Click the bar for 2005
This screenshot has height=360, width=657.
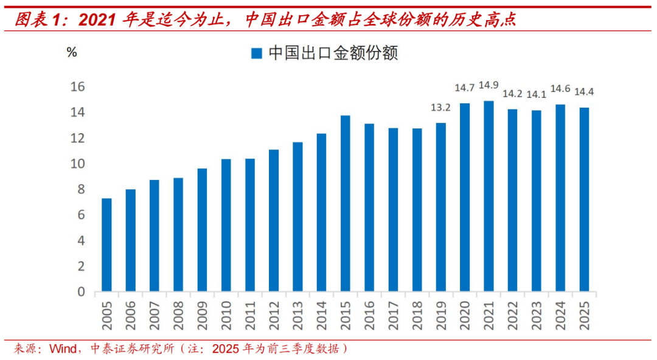106,245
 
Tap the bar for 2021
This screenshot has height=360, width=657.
488,196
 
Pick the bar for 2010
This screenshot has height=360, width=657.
226,225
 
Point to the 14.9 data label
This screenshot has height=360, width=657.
488,85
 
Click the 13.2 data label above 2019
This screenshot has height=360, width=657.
440,108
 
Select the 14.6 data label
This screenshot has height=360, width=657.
560,89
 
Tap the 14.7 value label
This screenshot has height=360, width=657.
464,88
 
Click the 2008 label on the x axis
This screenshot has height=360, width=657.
178,315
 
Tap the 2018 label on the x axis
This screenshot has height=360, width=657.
417,315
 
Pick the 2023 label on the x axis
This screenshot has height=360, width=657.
536,315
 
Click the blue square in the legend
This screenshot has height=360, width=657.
256,54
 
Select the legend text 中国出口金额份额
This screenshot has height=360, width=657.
333,54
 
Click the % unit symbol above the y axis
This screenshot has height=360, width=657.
72,52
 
